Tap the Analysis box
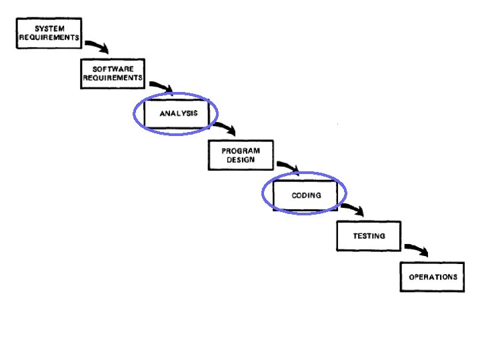[178, 113]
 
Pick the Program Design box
[241, 155]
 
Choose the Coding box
[306, 195]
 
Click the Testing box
[369, 236]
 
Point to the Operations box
[433, 277]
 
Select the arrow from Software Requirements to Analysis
[162, 86]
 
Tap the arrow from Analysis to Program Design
[227, 127]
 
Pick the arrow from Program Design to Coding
[289, 167]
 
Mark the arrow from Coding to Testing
[353, 209]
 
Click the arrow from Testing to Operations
[417, 249]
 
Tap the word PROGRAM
[241, 151]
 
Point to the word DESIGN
[241, 160]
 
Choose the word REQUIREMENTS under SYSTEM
[49, 38]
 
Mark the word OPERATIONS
[433, 277]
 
